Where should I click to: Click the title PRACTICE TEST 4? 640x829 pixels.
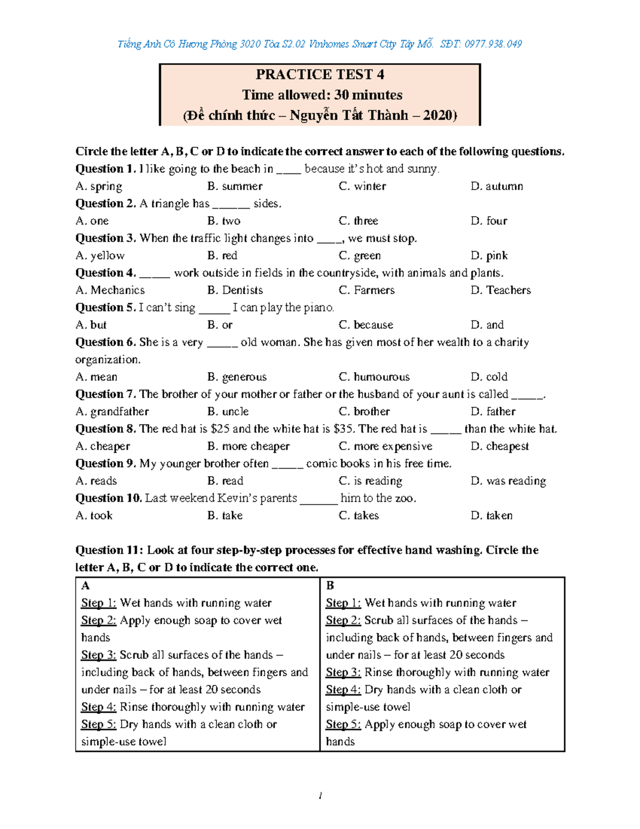319,74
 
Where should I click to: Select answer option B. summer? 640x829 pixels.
235,186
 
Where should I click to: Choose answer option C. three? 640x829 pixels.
358,221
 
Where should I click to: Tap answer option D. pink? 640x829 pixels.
489,256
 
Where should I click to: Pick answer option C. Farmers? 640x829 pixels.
367,290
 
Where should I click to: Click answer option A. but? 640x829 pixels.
91,325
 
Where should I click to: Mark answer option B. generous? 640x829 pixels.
237,377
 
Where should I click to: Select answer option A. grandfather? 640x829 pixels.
112,412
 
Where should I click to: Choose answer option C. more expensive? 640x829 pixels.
386,446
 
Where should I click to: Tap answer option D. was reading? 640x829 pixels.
508,481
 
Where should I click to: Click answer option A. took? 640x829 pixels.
94,516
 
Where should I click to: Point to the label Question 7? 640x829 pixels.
106,394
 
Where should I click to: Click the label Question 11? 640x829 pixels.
109,550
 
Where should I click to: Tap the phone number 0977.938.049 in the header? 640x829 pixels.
493,44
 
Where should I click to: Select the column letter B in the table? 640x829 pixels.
330,586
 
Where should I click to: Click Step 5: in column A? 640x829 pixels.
99,724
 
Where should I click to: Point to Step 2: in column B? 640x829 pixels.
343,620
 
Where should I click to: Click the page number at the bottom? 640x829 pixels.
319,796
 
